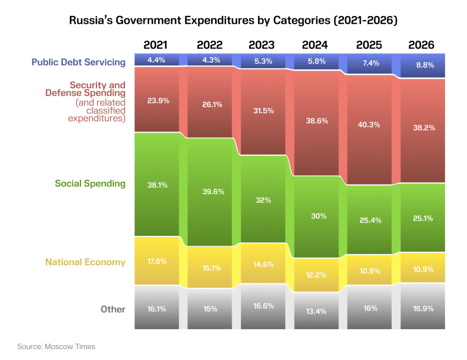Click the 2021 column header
pyautogui.click(x=156, y=45)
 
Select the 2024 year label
pyautogui.click(x=315, y=45)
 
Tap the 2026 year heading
pyautogui.click(x=421, y=45)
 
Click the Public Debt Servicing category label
pyautogui.click(x=78, y=62)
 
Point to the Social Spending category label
pyautogui.click(x=90, y=184)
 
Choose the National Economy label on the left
pyautogui.click(x=85, y=262)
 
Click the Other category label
pyautogui.click(x=113, y=309)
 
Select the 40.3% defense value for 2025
pyautogui.click(x=369, y=124)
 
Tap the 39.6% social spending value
pyautogui.click(x=209, y=191)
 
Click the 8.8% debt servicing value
pyautogui.click(x=422, y=65)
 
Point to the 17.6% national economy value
pyautogui.click(x=157, y=262)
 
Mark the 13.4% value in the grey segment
pyautogui.click(x=315, y=311)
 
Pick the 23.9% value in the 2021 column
pyautogui.click(x=157, y=101)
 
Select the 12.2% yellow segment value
pyautogui.click(x=315, y=275)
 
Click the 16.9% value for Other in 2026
pyautogui.click(x=422, y=308)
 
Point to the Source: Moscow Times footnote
pyautogui.click(x=56, y=347)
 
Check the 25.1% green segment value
pyautogui.click(x=422, y=218)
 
